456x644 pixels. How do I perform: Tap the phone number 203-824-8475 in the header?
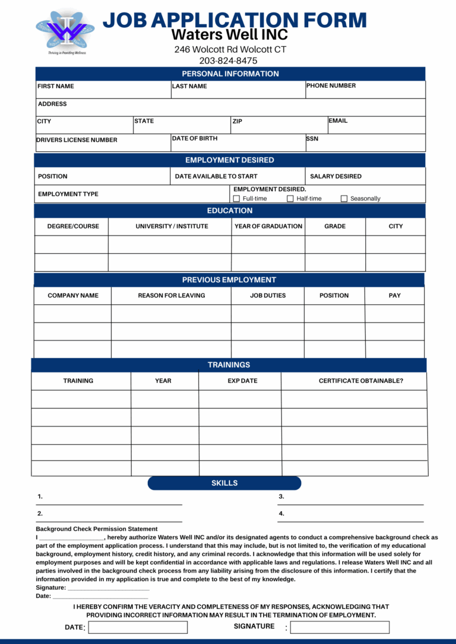228,60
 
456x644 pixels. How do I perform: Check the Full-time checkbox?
236,199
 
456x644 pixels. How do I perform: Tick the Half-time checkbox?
290,199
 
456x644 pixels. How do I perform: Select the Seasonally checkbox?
344,199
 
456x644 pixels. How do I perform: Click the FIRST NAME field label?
56,86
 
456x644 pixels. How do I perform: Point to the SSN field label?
312,139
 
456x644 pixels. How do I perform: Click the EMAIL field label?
338,121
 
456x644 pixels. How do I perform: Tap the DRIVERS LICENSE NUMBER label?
77,140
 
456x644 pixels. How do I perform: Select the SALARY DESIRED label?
335,176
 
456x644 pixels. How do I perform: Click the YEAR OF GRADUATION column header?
268,226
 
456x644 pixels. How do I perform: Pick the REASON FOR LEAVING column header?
172,295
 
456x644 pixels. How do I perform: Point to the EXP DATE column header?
242,381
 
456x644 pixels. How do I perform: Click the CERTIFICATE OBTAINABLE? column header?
360,381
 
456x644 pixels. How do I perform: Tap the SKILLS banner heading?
224,483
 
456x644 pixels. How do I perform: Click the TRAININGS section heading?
229,365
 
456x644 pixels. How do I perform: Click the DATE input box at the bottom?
138,627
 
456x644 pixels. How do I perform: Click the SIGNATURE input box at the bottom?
340,627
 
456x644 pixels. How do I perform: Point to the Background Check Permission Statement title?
97,529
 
